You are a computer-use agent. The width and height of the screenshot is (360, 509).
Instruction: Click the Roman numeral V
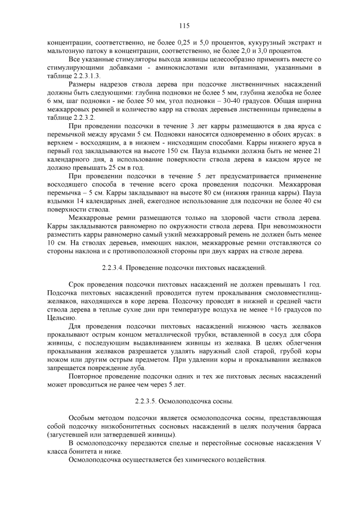tap(318, 444)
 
